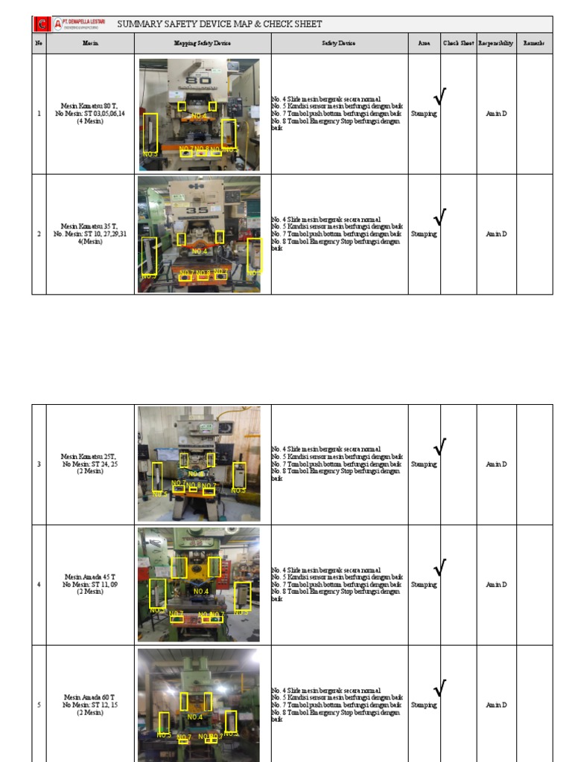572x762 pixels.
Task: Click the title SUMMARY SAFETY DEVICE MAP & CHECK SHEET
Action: tap(220, 25)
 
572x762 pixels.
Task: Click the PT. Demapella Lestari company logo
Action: tap(71, 25)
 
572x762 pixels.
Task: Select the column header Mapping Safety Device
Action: tap(203, 44)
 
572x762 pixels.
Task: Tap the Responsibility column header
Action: tap(496, 44)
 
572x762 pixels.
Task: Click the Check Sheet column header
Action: tap(458, 44)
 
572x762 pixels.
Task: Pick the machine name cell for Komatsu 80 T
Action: tap(90, 114)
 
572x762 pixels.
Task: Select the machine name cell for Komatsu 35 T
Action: tap(90, 234)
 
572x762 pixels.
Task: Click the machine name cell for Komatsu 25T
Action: tap(90, 464)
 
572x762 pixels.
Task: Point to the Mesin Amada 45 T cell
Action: tap(90, 584)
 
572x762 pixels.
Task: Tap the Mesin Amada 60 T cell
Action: tap(90, 705)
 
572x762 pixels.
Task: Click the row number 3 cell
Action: tap(39, 464)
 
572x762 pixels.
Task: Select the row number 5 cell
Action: tap(39, 705)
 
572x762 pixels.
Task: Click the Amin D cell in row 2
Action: tap(496, 234)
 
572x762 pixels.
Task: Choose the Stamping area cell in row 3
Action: tap(424, 464)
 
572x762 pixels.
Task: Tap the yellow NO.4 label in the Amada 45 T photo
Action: tap(201, 592)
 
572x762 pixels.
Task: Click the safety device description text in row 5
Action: tap(337, 705)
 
